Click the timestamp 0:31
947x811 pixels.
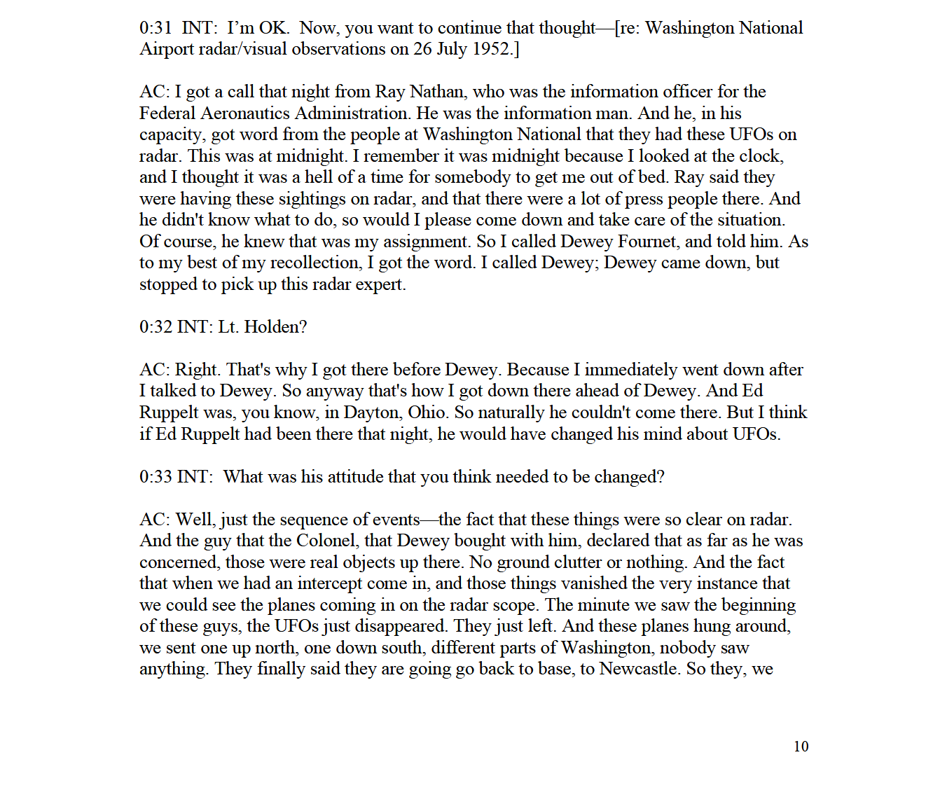pyautogui.click(x=155, y=28)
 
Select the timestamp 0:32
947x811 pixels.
pyautogui.click(x=155, y=327)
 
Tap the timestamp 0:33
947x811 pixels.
pyautogui.click(x=155, y=477)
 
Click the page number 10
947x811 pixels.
pyautogui.click(x=801, y=747)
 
